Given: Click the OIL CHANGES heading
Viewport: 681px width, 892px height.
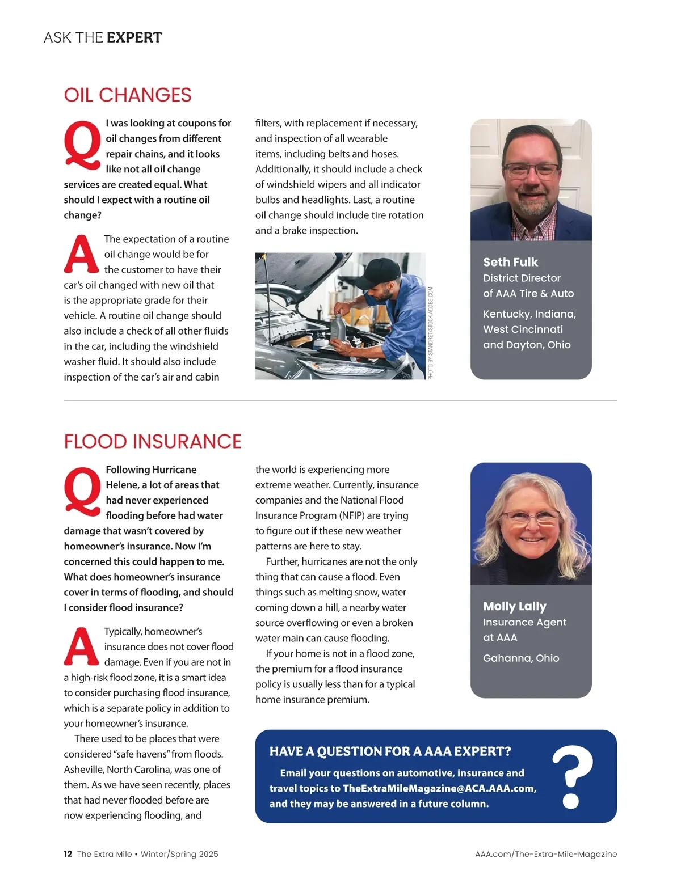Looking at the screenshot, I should (x=128, y=95).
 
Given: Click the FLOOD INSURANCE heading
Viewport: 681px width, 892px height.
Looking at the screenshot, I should (x=153, y=441).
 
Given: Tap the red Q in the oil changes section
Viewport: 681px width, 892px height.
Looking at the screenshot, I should (x=82, y=145).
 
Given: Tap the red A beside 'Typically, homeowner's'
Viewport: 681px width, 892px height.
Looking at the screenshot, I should (x=81, y=646).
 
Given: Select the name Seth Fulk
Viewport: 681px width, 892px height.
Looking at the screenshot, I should (x=510, y=262).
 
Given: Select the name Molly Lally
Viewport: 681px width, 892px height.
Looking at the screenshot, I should (x=514, y=606).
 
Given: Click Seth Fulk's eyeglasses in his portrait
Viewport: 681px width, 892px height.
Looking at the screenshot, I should (x=531, y=170).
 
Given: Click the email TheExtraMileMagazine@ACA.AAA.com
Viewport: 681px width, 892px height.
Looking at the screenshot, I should (x=438, y=788).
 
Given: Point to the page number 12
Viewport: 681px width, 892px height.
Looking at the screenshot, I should (x=68, y=854).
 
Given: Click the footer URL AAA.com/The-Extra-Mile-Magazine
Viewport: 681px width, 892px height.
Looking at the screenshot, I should (x=546, y=854).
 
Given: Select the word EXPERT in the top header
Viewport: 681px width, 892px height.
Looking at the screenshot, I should (x=134, y=38).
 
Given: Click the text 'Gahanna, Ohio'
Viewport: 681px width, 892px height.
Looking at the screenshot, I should (x=521, y=658).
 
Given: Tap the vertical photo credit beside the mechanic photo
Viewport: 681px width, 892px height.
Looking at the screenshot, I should (x=431, y=333).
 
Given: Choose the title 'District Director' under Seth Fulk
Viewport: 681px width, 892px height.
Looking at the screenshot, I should (x=522, y=278).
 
